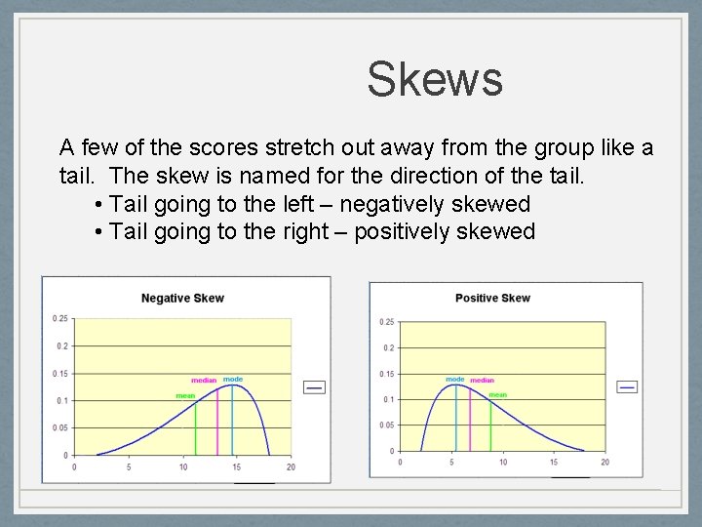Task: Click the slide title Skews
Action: point(435,79)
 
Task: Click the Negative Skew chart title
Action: point(182,299)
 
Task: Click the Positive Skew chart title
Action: point(492,298)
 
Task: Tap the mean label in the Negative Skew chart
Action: point(185,396)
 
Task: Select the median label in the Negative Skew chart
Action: point(204,381)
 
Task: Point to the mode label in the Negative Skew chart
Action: point(233,379)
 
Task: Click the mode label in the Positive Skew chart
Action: point(455,379)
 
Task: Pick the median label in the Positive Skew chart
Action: point(482,380)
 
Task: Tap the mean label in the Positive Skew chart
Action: point(497,395)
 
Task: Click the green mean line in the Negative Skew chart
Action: point(196,429)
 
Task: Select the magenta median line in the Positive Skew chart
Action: point(471,420)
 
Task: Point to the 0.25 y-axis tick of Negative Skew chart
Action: point(61,318)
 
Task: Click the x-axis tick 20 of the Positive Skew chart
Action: point(604,462)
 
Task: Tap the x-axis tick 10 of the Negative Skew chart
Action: point(182,466)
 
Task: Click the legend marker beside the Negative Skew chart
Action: point(314,387)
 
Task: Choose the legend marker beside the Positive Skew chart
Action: point(628,386)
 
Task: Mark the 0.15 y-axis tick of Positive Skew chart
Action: point(387,374)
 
